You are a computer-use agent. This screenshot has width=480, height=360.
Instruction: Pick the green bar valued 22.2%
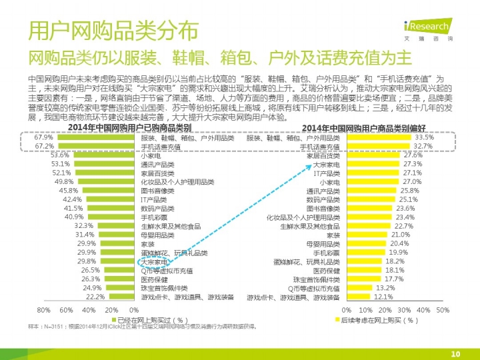click(123, 297)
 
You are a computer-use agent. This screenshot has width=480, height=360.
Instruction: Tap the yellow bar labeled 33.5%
click(377, 137)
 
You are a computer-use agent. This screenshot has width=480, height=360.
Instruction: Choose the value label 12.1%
click(384, 297)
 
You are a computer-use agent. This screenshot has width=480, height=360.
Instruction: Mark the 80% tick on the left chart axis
click(44, 310)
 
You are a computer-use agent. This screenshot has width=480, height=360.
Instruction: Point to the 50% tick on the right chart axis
click(443, 310)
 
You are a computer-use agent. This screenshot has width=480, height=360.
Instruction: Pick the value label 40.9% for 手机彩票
click(74, 217)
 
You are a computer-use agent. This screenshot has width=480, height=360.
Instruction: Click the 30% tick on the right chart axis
click(404, 310)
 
